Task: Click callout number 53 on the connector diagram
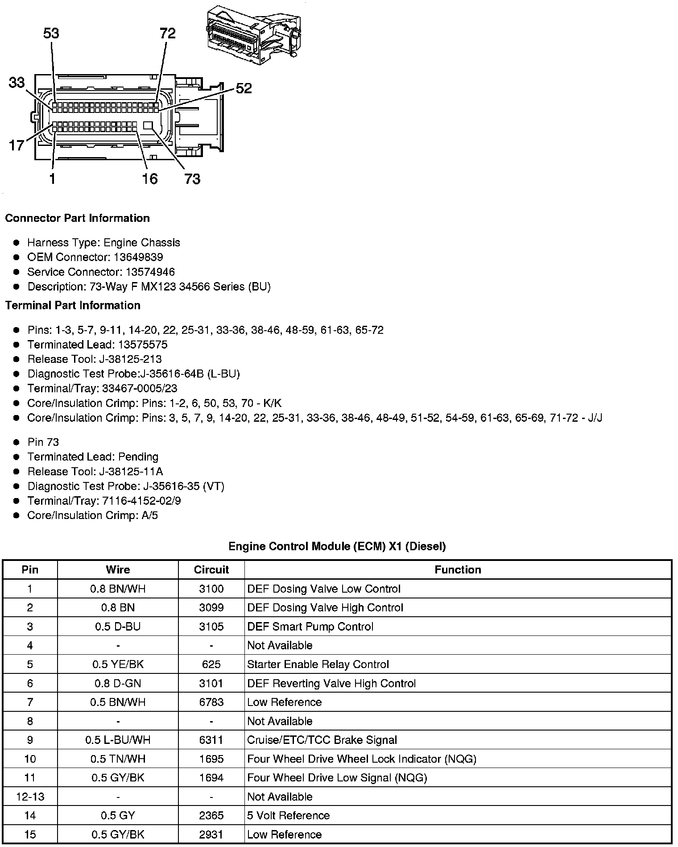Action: pos(51,34)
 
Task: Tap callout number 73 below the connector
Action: pos(192,179)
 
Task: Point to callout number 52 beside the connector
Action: pos(244,88)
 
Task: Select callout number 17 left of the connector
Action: pos(17,145)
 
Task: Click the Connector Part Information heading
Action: pos(77,218)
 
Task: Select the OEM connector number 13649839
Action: pos(138,257)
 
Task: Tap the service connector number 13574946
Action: pos(150,272)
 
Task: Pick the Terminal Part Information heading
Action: pos(73,305)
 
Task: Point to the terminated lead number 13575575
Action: pos(143,345)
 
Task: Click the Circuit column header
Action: pos(211,570)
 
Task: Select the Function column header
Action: pos(458,570)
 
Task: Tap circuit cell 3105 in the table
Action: pos(211,627)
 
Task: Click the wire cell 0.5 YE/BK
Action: pos(118,664)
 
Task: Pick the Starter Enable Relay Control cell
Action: pos(318,664)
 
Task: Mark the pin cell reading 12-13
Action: pos(30,797)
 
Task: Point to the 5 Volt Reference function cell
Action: pos(289,816)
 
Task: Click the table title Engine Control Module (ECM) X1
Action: pos(337,546)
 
